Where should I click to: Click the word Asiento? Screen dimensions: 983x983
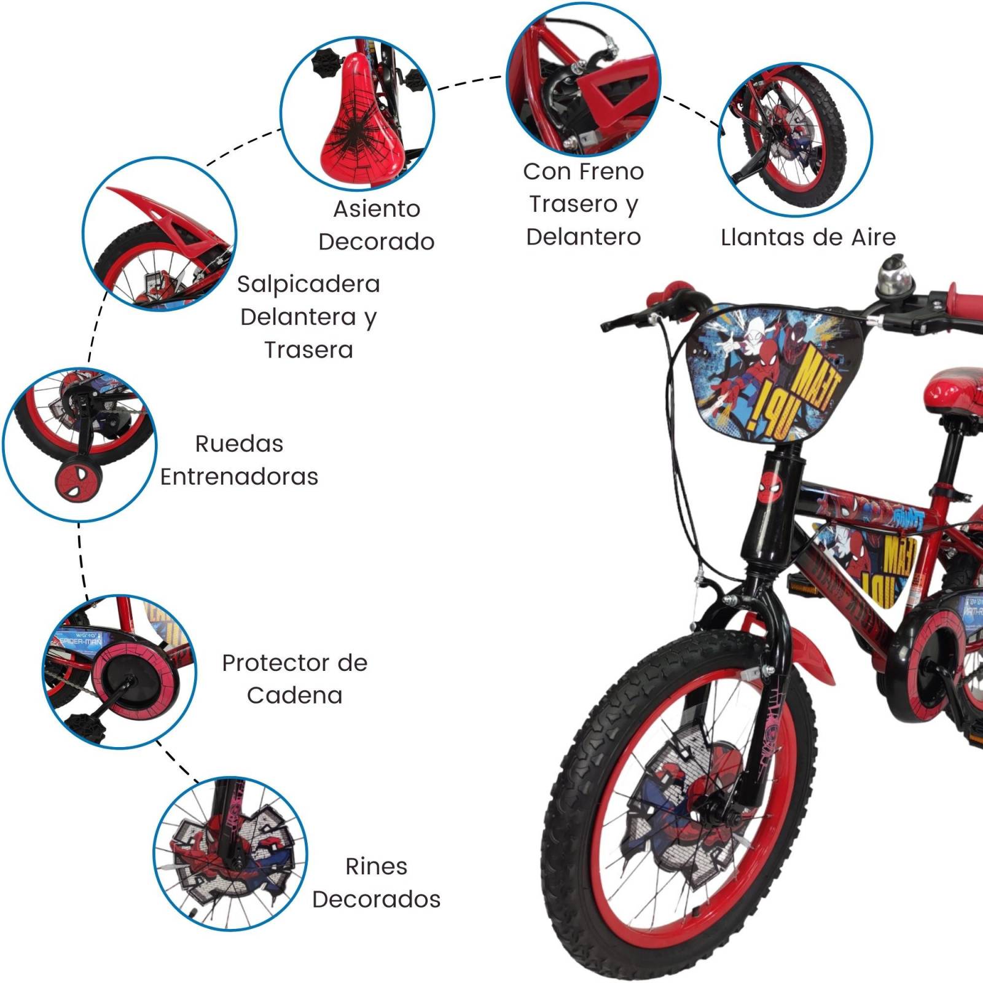point(377,210)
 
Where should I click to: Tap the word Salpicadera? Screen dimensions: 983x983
point(308,284)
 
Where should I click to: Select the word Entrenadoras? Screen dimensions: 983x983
point(239,477)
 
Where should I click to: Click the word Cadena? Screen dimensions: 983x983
point(294,695)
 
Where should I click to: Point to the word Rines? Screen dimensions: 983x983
point(376,866)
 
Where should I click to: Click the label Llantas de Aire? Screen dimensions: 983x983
point(808,237)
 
